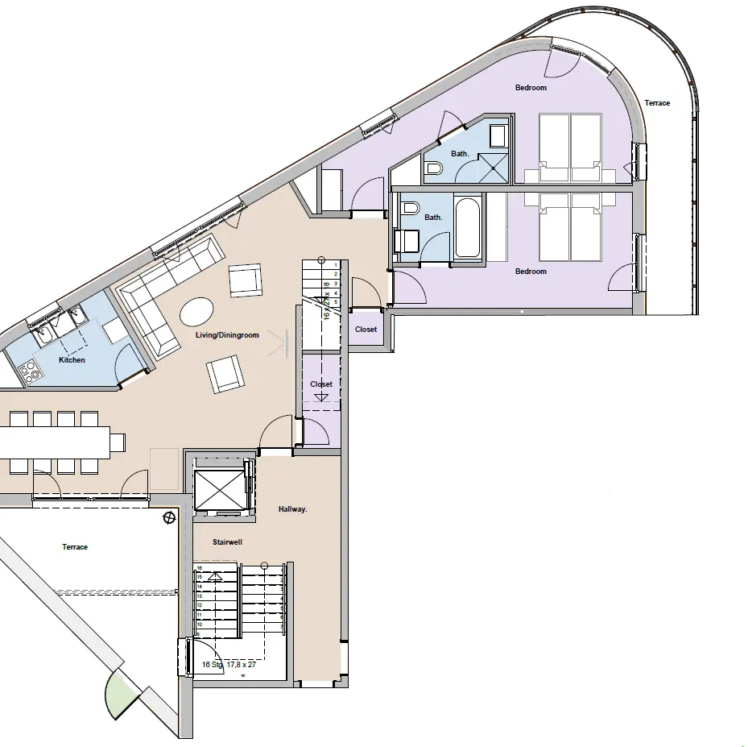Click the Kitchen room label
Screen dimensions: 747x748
pos(72,360)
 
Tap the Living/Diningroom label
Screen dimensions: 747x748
pos(227,335)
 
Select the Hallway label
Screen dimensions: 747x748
pos(292,509)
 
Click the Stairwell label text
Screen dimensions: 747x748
pos(228,542)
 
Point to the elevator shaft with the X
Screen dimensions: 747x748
pos(219,488)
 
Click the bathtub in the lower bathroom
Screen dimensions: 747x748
pos(468,228)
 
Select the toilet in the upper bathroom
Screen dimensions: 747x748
pos(434,168)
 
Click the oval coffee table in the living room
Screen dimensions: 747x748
pos(197,310)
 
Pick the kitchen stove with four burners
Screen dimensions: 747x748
pos(30,370)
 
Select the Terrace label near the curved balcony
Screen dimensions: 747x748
pos(657,103)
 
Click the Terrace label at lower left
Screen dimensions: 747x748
pos(75,547)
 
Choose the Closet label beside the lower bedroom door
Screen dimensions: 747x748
pos(366,330)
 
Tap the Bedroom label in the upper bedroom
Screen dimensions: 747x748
pos(531,88)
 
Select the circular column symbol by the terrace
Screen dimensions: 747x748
pos(169,517)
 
